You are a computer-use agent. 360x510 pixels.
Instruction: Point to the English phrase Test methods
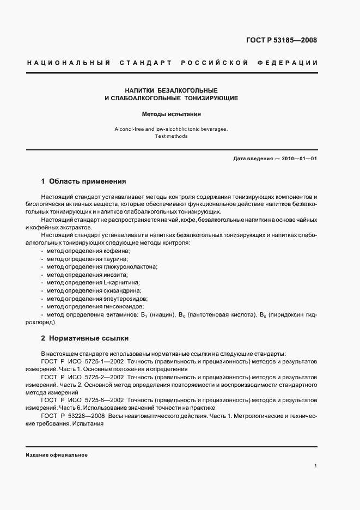tap(172, 136)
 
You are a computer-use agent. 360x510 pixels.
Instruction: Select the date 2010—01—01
tap(298, 159)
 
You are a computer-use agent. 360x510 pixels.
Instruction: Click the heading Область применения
tap(88, 181)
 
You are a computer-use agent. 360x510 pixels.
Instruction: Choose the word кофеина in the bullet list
tap(117, 250)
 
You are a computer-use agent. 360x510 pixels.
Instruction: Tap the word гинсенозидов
tap(124, 307)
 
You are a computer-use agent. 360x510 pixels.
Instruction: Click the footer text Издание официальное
tap(57, 454)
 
